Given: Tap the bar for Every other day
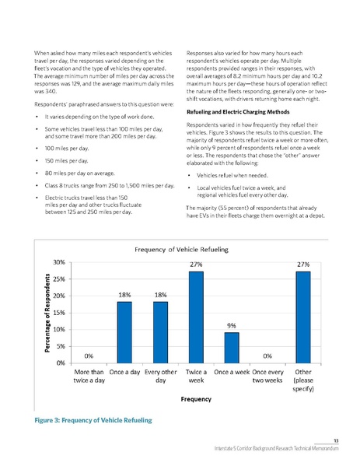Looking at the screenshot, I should (x=160, y=331).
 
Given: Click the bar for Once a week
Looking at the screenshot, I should (x=232, y=347).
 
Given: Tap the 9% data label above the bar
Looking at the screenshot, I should (x=232, y=325).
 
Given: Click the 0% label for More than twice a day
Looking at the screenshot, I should (x=88, y=356).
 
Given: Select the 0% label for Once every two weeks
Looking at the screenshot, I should (x=267, y=356).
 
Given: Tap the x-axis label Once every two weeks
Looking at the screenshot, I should (x=267, y=377).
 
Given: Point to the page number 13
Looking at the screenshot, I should (x=345, y=441).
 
